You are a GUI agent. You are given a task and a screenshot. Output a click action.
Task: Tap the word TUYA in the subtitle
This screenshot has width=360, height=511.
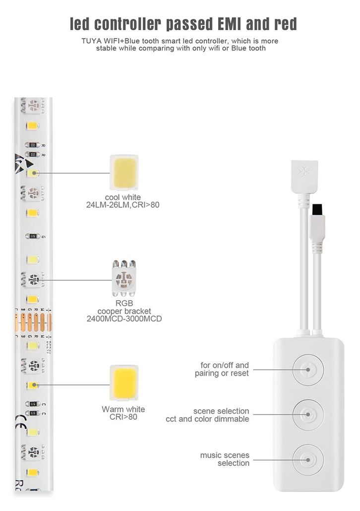click(93, 41)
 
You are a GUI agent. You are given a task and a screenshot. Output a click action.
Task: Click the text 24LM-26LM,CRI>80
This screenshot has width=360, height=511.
click(123, 204)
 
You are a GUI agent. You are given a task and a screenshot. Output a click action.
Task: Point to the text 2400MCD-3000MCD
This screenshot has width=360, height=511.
click(124, 319)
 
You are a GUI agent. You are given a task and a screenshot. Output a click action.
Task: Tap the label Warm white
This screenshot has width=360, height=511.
click(123, 409)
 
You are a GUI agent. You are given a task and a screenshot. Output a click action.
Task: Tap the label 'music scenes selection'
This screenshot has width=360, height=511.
click(225, 459)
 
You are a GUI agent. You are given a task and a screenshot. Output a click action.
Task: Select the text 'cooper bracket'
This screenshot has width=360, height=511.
click(124, 311)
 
